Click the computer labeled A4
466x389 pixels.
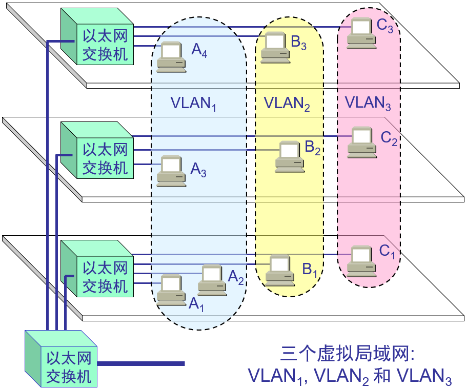[x=170, y=55]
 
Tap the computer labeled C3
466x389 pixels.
[x=360, y=34]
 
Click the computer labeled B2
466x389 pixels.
[x=289, y=156]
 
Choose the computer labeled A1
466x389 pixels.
[x=171, y=290]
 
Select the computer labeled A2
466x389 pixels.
[x=212, y=280]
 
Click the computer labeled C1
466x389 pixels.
[x=361, y=260]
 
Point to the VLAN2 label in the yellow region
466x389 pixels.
[x=287, y=104]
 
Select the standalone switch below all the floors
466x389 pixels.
[x=61, y=359]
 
